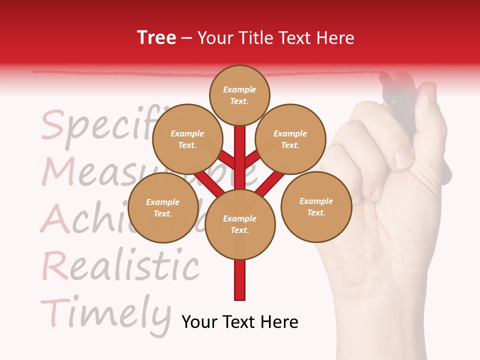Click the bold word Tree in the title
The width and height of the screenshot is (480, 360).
coord(156,38)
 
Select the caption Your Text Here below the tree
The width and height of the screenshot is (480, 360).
coord(240,322)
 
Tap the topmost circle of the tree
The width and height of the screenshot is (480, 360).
coord(239,95)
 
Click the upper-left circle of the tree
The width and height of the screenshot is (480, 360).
coord(187,139)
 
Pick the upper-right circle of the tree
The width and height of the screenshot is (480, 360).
coord(290,139)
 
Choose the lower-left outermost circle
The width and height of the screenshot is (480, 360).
coord(163,207)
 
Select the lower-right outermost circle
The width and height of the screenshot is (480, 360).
coord(316,206)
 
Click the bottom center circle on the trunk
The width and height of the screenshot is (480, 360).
coord(240,224)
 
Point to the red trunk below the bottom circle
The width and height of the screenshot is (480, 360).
coord(240,280)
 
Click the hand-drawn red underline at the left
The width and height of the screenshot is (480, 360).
coord(100,73)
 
